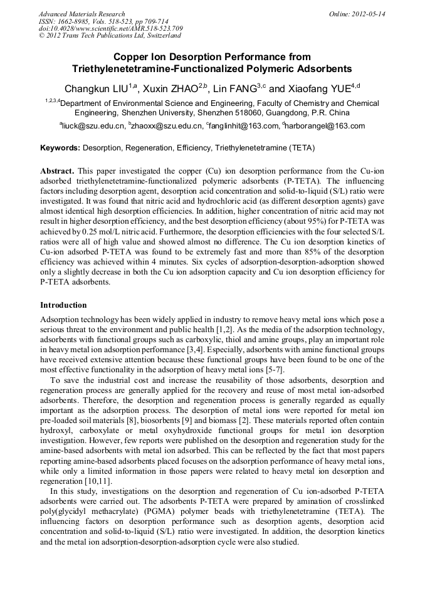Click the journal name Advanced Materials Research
pos(81,14)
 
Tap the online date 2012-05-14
pos(369,14)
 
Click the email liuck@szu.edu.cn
pos(92,126)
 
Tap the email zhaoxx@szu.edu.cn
pos(165,126)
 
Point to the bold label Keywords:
pos(60,149)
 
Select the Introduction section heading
pos(63,305)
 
